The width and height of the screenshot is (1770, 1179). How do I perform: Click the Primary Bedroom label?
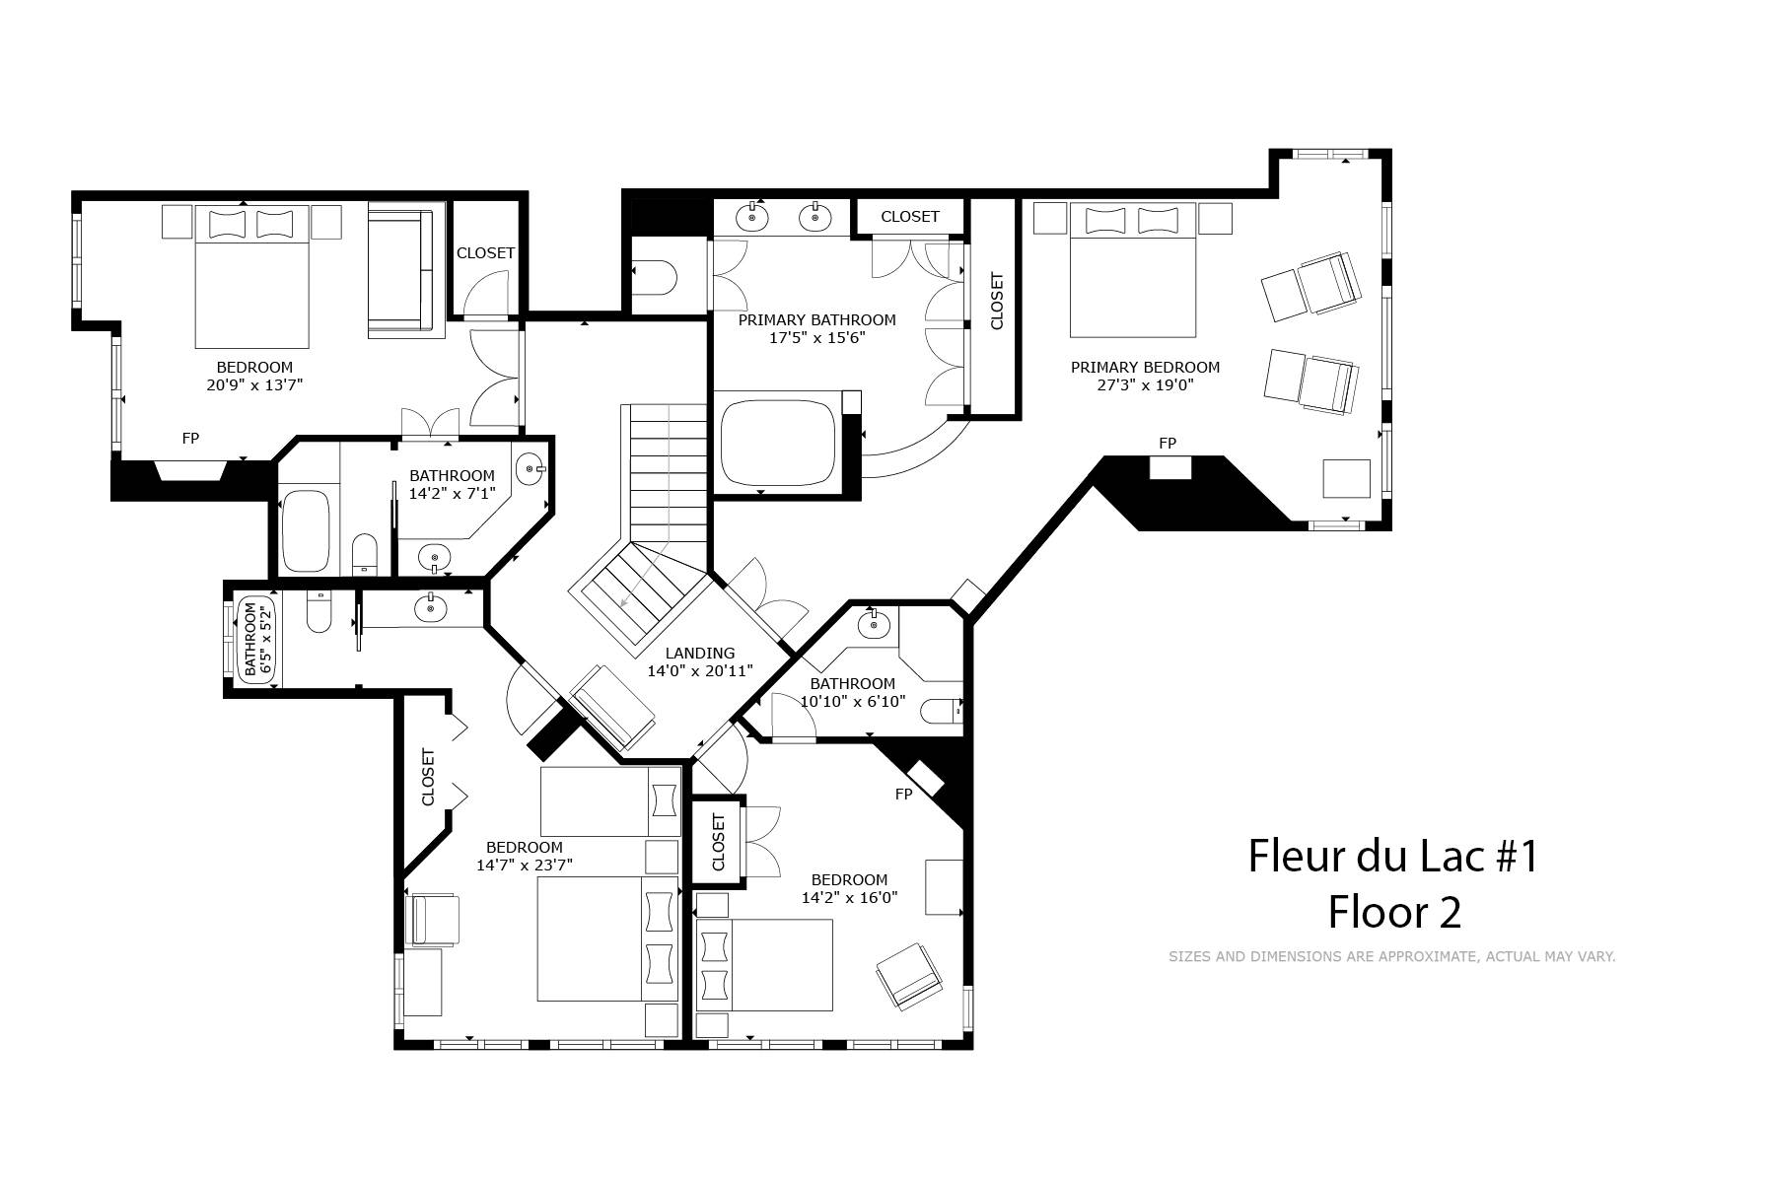(x=1145, y=368)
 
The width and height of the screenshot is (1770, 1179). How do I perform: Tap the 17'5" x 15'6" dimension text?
(x=816, y=338)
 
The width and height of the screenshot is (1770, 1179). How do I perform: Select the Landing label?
(x=700, y=653)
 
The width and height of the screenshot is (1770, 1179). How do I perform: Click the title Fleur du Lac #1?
(x=1393, y=856)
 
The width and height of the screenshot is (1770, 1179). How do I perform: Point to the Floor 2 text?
(x=1394, y=912)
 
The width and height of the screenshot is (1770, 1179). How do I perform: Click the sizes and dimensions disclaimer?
(x=1391, y=956)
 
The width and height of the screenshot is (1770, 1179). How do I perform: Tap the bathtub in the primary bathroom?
(x=779, y=441)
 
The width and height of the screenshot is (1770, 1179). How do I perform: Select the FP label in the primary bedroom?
(x=1168, y=444)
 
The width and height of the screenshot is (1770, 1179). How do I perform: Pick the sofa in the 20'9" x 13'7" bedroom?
(x=400, y=271)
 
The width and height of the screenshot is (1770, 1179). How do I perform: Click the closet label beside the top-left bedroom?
(x=485, y=253)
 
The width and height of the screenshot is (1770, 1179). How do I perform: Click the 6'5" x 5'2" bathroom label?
(x=255, y=640)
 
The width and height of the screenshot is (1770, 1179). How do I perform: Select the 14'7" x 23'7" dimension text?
(x=525, y=866)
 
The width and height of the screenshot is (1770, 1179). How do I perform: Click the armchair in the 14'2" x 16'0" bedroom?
(x=908, y=975)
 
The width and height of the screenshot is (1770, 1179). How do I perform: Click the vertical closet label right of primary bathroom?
(x=996, y=301)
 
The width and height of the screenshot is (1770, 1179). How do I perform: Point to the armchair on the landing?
(x=612, y=707)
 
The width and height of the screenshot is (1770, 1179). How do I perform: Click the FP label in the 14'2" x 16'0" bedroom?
(x=903, y=794)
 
